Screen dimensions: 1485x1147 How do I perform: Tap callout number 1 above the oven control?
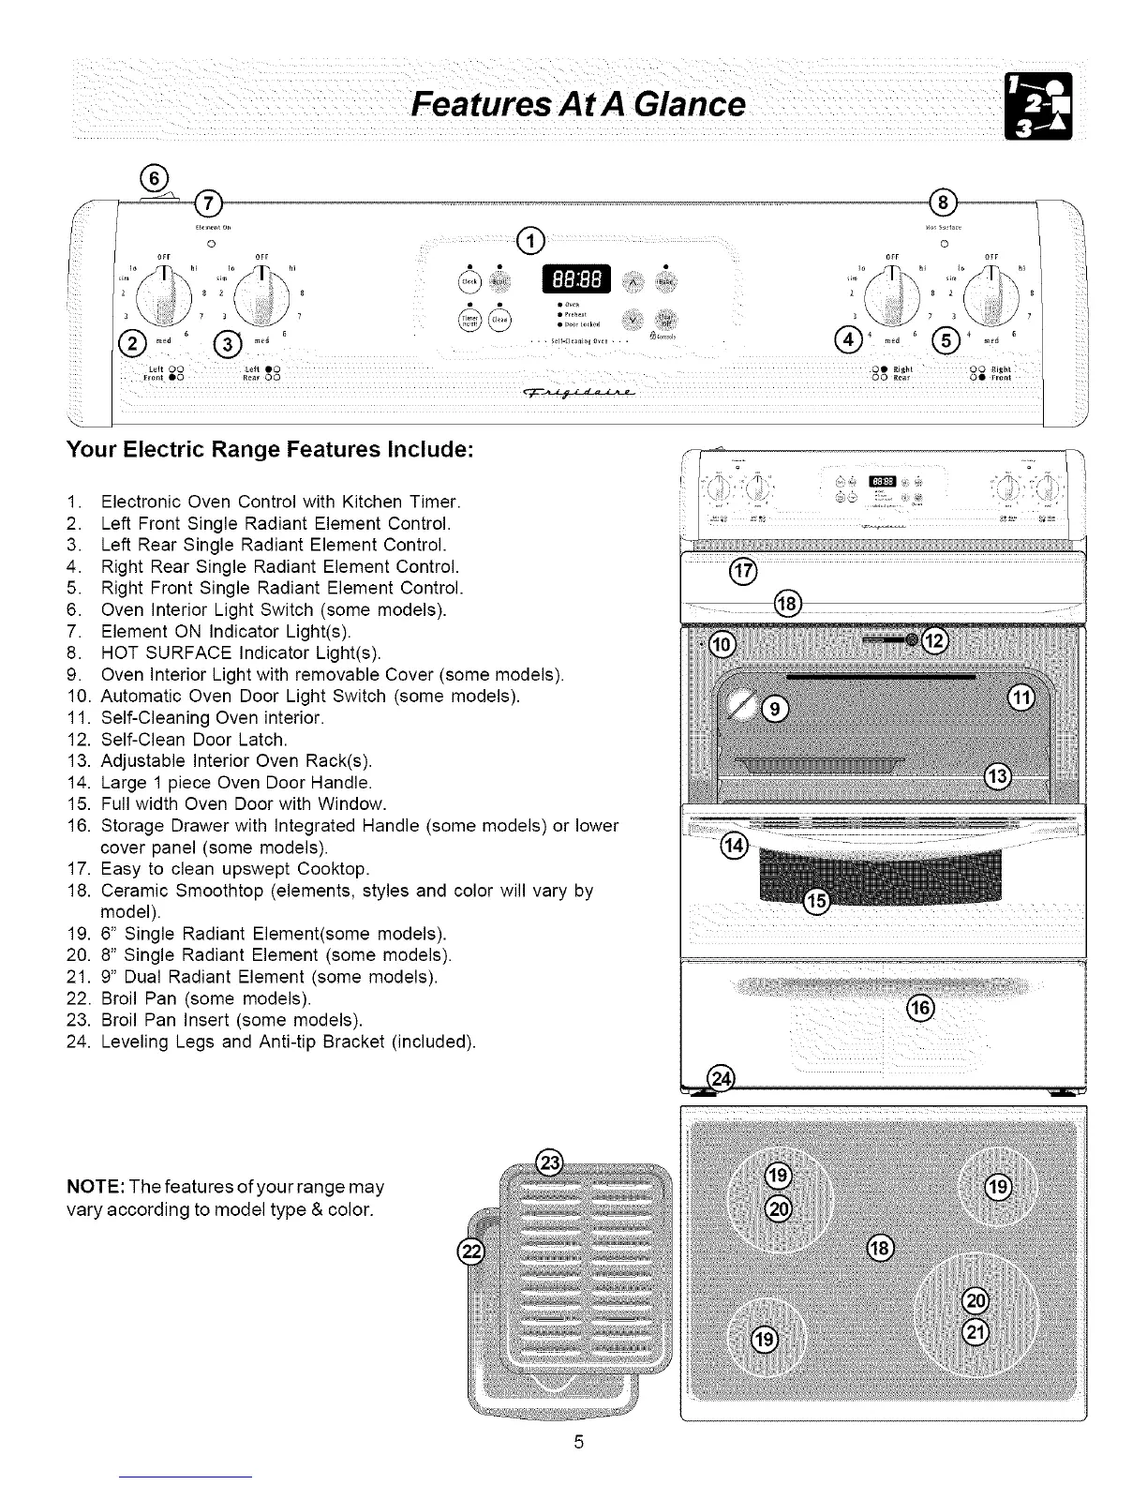tap(531, 242)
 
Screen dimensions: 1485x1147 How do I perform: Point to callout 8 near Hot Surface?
tap(941, 203)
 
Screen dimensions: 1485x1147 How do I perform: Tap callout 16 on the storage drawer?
tap(922, 1009)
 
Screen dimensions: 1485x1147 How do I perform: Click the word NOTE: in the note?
tap(91, 1188)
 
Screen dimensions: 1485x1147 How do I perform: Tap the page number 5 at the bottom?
tap(579, 1442)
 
